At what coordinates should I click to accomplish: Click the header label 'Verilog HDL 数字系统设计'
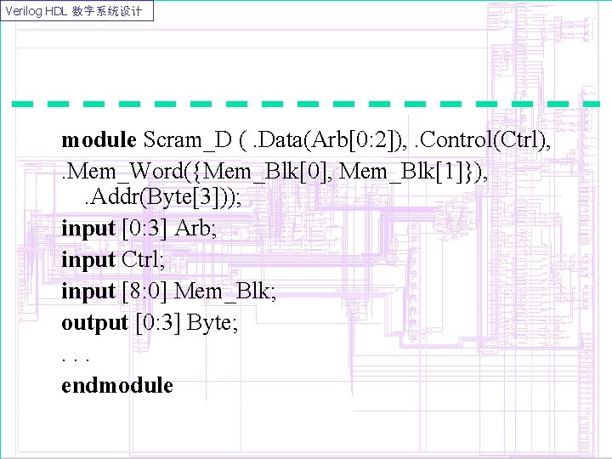(77, 11)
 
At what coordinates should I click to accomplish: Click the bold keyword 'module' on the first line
(99, 139)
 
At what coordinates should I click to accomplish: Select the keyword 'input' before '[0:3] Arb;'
(88, 229)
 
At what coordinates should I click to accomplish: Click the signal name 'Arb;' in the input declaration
(194, 229)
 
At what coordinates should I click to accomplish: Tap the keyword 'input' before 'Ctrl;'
(88, 260)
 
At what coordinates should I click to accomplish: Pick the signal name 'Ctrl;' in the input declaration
(142, 260)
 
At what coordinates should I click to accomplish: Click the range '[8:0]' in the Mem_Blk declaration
(145, 292)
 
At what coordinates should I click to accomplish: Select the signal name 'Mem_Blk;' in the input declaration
(226, 292)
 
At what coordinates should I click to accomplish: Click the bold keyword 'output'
(94, 323)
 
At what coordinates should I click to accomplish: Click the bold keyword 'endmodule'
(116, 386)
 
